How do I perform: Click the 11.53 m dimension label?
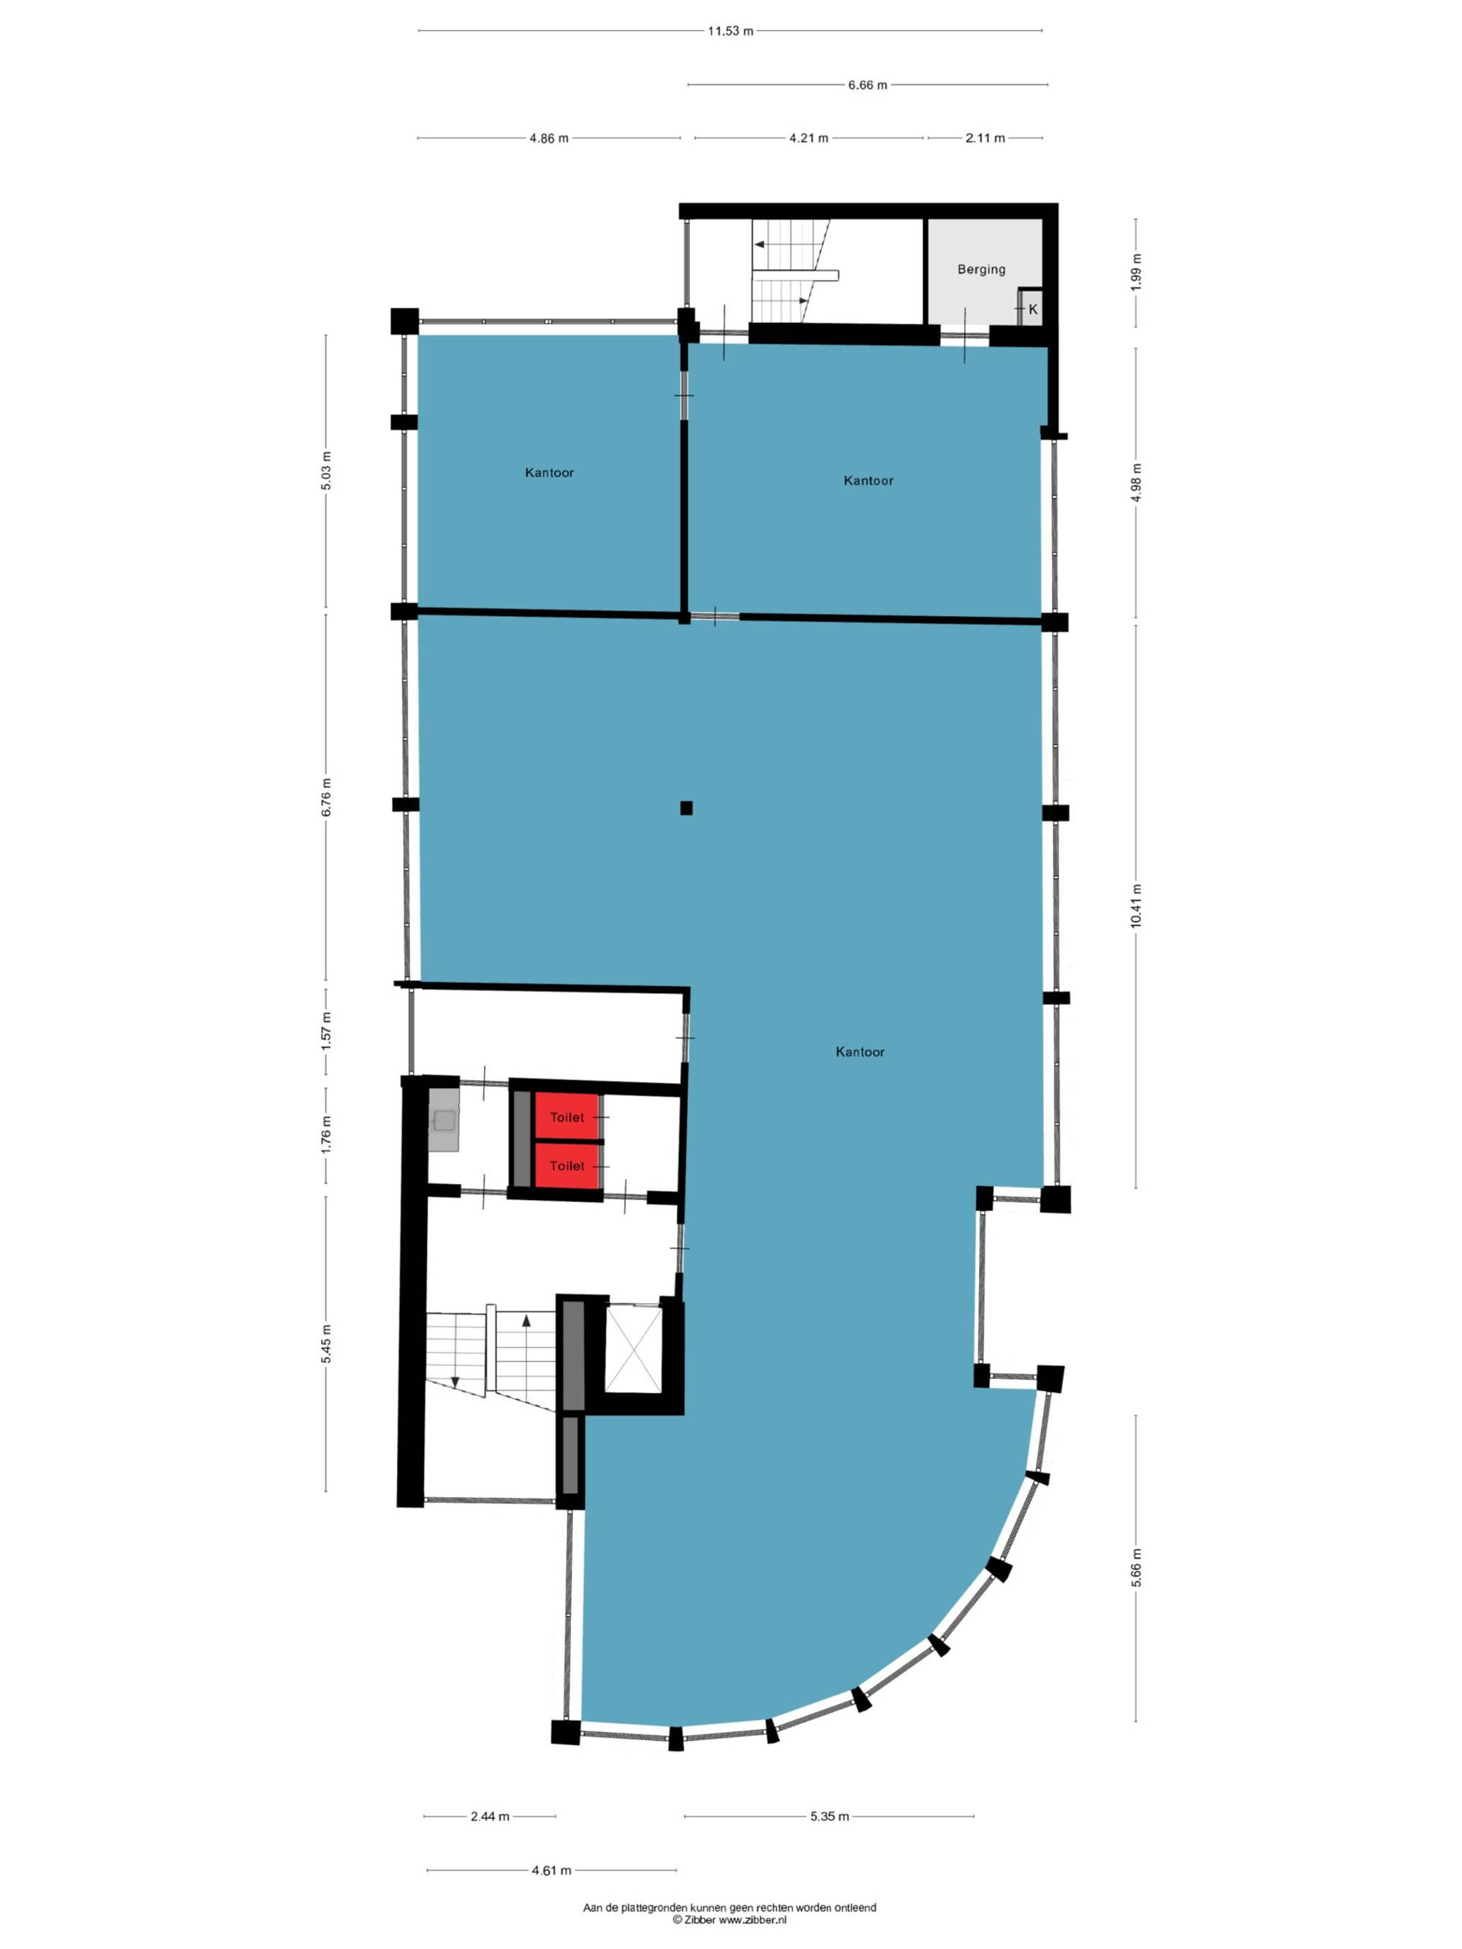[x=730, y=31]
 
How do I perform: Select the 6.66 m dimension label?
[x=867, y=85]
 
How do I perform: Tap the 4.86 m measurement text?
[x=548, y=138]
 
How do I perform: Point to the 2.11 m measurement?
[x=985, y=138]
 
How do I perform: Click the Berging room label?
[x=981, y=269]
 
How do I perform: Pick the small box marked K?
[x=1030, y=308]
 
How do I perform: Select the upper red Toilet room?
[x=567, y=1117]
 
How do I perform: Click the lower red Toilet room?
[x=567, y=1166]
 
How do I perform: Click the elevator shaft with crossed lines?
[x=633, y=1349]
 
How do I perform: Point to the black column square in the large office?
[x=686, y=807]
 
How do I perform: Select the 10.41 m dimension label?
[x=1136, y=905]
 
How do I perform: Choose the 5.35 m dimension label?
[x=829, y=1816]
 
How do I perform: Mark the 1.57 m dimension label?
[x=326, y=1030]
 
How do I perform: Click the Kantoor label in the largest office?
[x=859, y=1051]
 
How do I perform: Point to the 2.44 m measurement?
[x=489, y=1816]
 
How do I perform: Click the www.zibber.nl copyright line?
[x=730, y=1920]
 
